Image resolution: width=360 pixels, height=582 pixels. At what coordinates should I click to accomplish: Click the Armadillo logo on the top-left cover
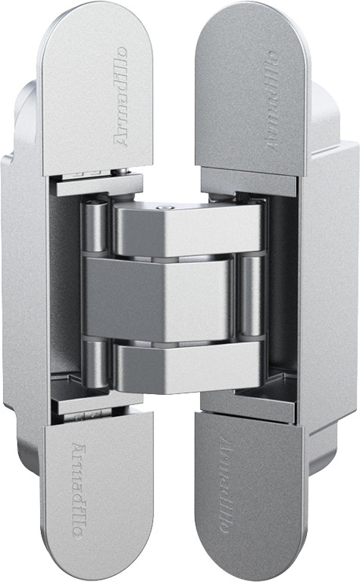(x=121, y=96)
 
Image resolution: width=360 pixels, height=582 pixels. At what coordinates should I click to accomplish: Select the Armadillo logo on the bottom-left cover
(x=77, y=490)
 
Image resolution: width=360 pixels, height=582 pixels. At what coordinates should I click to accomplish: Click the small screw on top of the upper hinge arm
(x=164, y=208)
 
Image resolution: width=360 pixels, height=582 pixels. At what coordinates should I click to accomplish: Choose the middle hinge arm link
(x=160, y=298)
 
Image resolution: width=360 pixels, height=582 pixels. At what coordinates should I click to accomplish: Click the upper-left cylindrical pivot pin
(x=95, y=227)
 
